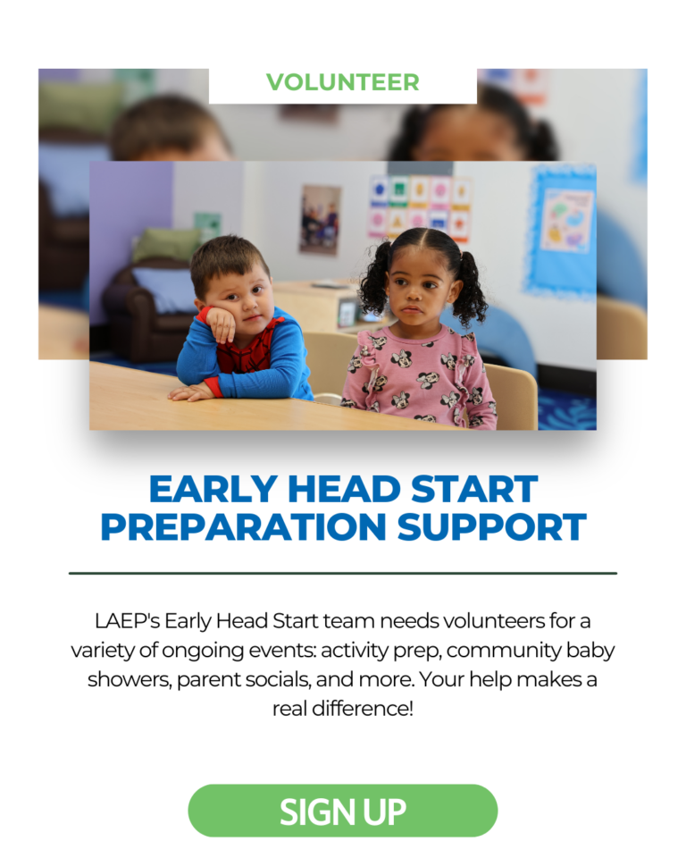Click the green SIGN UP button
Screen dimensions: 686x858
point(343,811)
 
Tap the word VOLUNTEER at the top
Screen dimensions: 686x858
point(343,82)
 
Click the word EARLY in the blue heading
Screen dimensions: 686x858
point(213,489)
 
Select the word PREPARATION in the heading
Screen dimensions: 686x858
point(244,527)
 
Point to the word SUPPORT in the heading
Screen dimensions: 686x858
point(492,527)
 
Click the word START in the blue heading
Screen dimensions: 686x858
point(474,489)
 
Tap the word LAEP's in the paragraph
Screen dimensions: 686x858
point(127,622)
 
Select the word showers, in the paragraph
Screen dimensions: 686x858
point(130,679)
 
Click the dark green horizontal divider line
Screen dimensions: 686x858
point(343,574)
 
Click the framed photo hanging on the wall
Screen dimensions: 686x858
point(320,220)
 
